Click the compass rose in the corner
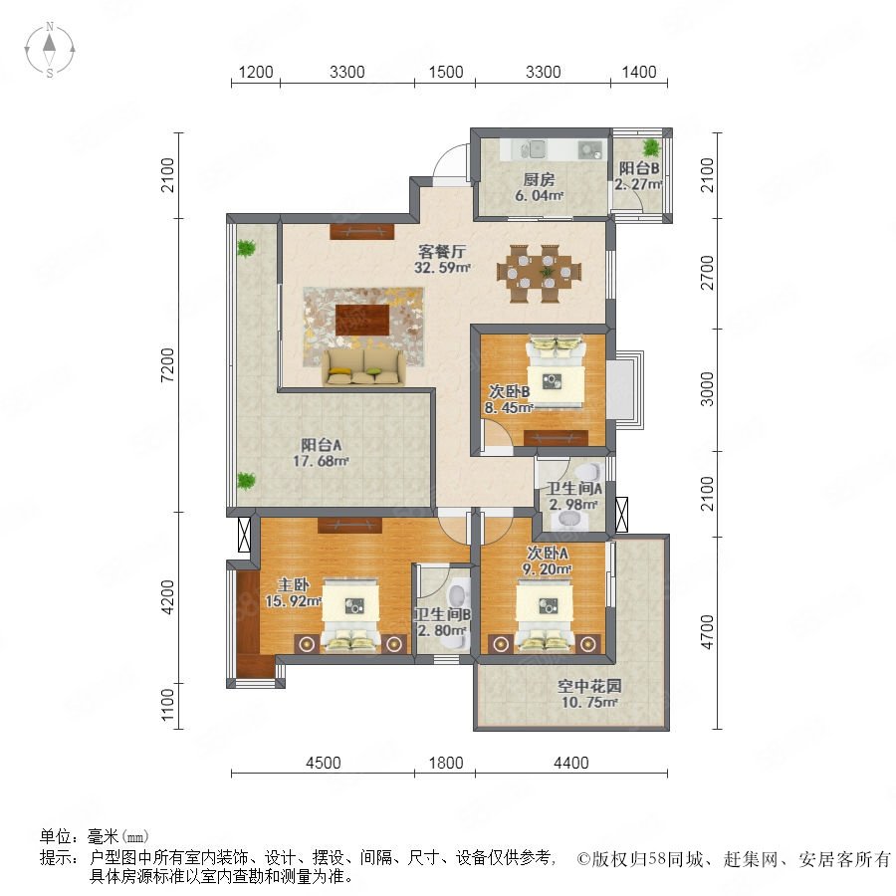point(50,50)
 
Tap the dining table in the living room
point(540,273)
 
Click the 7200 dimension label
point(167,364)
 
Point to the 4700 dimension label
point(707,632)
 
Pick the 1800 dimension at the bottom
point(446,763)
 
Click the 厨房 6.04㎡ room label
point(539,187)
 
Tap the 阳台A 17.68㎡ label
point(322,453)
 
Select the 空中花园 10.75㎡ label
point(589,694)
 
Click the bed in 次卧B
point(556,373)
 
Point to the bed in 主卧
point(350,616)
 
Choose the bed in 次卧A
point(546,616)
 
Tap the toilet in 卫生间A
point(587,473)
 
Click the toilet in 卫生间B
point(458,594)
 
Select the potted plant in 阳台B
point(650,148)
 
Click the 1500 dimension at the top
point(446,72)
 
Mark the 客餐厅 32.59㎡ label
point(442,259)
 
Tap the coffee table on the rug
point(362,320)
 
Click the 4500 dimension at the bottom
point(324,763)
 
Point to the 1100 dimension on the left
point(167,705)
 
